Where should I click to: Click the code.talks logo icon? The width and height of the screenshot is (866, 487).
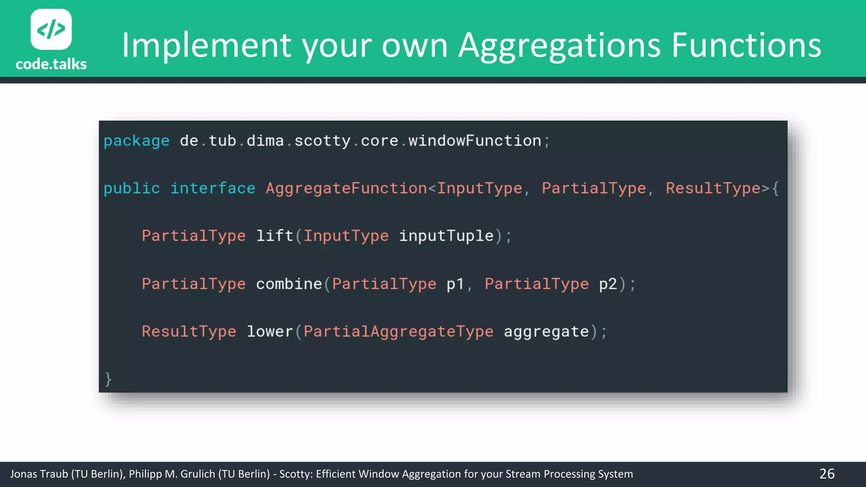click(x=51, y=29)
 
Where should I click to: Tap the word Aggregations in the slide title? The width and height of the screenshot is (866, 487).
click(x=559, y=46)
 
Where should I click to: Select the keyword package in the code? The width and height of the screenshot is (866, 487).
click(x=136, y=141)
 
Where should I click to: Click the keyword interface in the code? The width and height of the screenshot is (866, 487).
click(x=213, y=189)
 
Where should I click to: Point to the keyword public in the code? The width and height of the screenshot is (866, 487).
click(x=132, y=189)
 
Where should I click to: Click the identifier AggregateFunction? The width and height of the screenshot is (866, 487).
click(x=346, y=189)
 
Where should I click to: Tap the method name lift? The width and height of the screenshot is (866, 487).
click(x=274, y=236)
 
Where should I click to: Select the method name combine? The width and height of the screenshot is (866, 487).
click(x=289, y=284)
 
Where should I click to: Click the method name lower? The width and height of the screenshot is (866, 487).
click(x=270, y=332)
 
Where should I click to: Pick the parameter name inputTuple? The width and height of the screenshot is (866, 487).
click(x=446, y=236)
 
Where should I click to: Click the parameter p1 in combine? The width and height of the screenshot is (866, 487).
click(x=455, y=284)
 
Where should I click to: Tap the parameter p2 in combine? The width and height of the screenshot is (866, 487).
click(x=608, y=284)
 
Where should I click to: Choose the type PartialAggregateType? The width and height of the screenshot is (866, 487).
click(x=398, y=332)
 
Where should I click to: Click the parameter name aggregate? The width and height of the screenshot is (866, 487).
click(x=546, y=332)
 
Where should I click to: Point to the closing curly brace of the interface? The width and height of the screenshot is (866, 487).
click(x=108, y=379)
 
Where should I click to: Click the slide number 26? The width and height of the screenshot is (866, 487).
click(x=827, y=474)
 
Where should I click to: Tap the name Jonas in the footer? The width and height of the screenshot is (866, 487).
click(x=24, y=474)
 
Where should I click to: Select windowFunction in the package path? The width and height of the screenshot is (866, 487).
click(x=474, y=141)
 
